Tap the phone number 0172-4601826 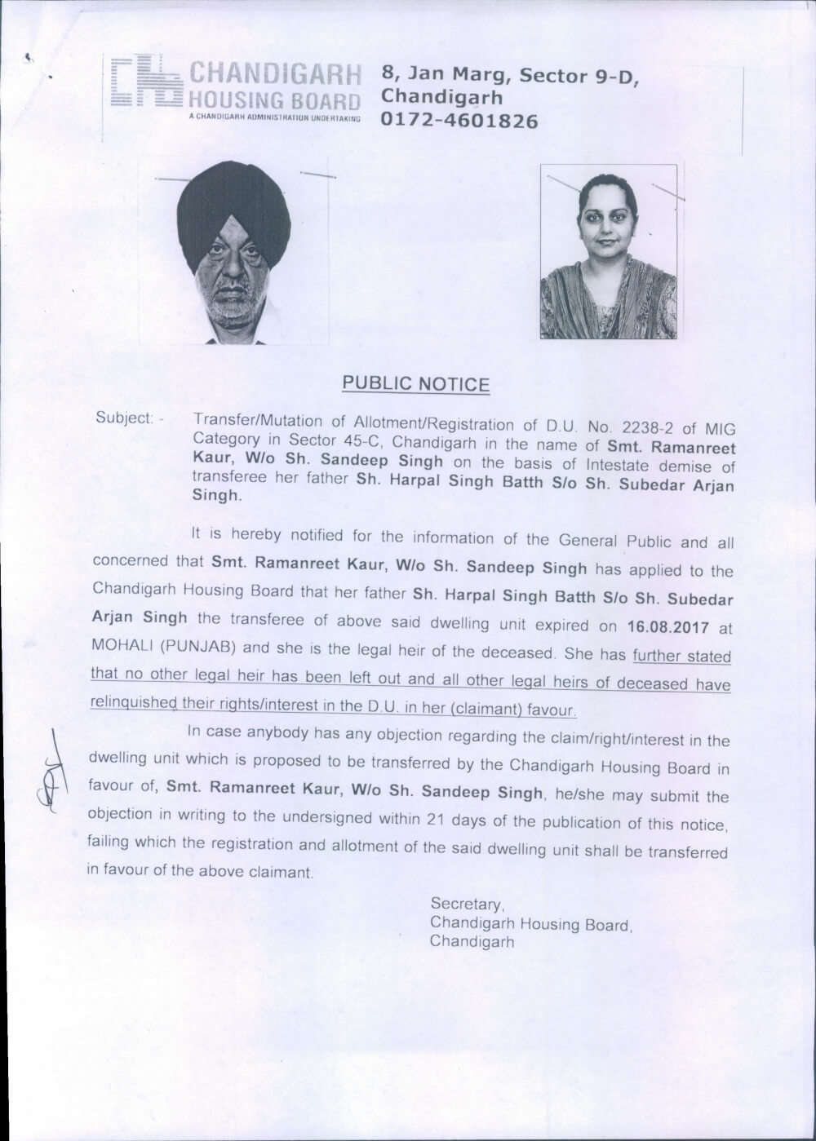point(459,122)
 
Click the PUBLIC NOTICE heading point(415,383)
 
